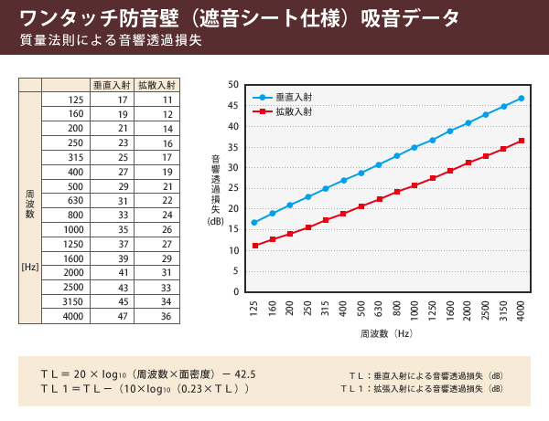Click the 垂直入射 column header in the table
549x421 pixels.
click(x=112, y=84)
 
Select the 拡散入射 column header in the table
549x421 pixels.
click(x=156, y=84)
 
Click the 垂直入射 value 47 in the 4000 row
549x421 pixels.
click(x=123, y=316)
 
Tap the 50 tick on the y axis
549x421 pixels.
click(x=234, y=85)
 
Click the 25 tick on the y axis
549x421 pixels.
click(x=234, y=188)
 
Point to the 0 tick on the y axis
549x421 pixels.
click(x=236, y=291)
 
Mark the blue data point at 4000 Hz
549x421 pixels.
click(x=521, y=98)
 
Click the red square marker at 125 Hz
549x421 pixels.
click(x=254, y=246)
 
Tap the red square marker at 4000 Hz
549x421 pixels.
click(x=521, y=141)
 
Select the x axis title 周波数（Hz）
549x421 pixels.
click(x=388, y=335)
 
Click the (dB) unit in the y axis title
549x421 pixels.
click(x=215, y=220)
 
